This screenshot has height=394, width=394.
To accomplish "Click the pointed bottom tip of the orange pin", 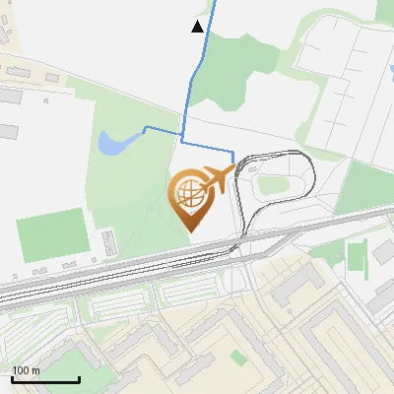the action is coord(189,230).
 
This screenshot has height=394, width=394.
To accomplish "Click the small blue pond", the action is coord(111,145).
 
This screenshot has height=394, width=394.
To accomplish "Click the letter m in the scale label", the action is coord(35,370).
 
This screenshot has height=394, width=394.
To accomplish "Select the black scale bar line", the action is coord(44,379).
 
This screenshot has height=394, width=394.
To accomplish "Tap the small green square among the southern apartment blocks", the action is coord(237,357).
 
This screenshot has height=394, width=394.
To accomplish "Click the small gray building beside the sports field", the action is coord(106,241).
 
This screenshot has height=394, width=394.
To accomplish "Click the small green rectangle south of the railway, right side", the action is coord(356,256).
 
